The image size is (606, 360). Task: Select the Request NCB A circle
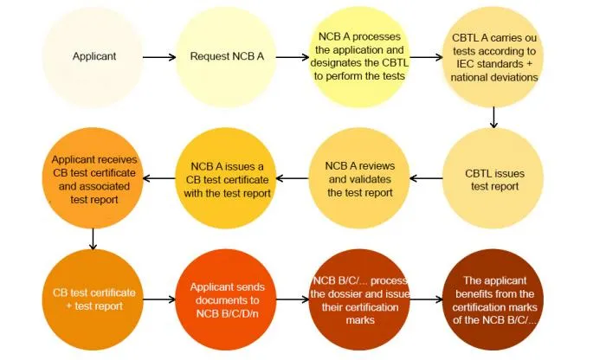tap(227, 57)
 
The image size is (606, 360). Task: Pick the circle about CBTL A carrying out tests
tap(494, 57)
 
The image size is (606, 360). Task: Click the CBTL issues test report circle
tap(494, 179)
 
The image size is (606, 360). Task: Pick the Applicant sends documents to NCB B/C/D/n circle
tap(227, 299)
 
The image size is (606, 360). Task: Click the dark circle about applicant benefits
tap(494, 299)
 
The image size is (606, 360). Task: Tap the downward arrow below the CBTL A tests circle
tap(494, 115)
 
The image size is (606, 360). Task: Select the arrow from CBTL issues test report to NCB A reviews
tap(425, 179)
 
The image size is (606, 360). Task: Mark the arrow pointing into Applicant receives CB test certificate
tap(159, 179)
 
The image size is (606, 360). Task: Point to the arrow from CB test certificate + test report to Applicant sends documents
tap(159, 299)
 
